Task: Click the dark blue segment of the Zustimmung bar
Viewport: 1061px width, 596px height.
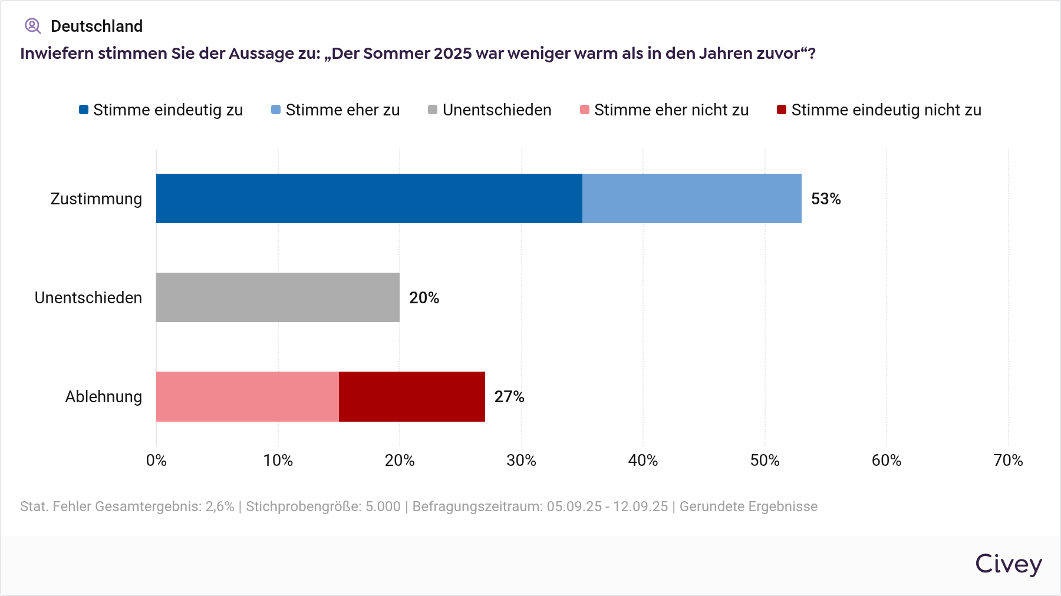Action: coord(369,198)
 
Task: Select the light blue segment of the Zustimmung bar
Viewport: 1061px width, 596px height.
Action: coord(691,198)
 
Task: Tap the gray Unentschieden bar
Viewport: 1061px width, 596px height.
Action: coord(278,297)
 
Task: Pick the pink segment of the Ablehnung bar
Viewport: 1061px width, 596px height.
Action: coord(248,396)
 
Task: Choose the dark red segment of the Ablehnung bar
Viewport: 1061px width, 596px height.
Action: coord(411,396)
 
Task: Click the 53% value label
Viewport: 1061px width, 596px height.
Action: coord(825,199)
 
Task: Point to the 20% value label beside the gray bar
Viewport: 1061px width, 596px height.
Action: coord(424,298)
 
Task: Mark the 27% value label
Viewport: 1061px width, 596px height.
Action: coord(509,397)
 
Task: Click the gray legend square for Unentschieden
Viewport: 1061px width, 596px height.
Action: coord(433,110)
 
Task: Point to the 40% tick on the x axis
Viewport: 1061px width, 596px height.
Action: coord(642,461)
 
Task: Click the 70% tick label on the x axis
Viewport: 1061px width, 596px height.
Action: coord(1008,461)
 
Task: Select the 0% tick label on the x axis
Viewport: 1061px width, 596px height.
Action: coord(156,461)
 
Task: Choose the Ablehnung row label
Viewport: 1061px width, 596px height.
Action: coord(104,397)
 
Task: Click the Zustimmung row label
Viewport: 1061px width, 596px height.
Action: coord(96,199)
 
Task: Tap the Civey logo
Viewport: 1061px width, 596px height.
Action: coord(1008,564)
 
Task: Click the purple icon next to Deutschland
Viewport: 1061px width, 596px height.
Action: coord(32,26)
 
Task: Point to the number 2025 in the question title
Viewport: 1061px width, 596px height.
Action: coord(453,54)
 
